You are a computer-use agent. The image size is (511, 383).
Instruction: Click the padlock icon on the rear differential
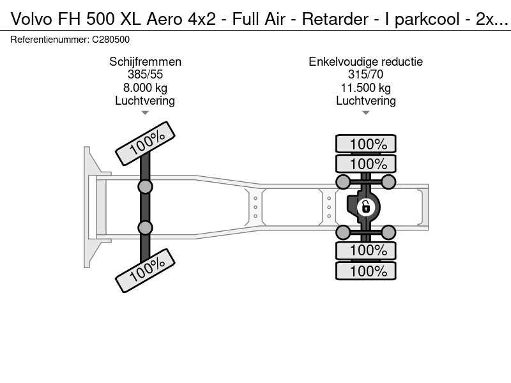[x=365, y=206]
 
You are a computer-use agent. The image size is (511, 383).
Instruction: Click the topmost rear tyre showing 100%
[x=366, y=144]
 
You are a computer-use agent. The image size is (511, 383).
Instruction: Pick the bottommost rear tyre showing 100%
[x=366, y=271]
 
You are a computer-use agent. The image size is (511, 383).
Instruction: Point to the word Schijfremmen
[x=145, y=62]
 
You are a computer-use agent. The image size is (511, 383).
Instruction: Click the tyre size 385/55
[x=145, y=75]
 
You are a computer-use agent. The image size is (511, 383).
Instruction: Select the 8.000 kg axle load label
[x=145, y=87]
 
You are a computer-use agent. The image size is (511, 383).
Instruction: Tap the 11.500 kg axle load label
[x=366, y=87]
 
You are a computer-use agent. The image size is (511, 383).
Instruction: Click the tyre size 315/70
[x=366, y=75]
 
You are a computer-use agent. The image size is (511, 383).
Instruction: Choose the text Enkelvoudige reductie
[x=366, y=62]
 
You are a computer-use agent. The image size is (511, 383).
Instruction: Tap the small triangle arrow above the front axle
[x=145, y=113]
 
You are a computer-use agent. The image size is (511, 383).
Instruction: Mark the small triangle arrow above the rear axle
[x=366, y=113]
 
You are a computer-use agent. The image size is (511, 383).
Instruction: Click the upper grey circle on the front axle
[x=146, y=186]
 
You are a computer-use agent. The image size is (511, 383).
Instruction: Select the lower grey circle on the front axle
[x=146, y=228]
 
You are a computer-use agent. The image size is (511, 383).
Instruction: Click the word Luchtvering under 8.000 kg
[x=145, y=100]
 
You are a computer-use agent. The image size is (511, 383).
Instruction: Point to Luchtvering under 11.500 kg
[x=366, y=100]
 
